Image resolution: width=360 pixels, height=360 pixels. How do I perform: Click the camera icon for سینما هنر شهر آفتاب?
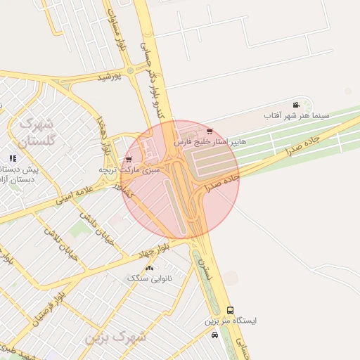tap(296, 104)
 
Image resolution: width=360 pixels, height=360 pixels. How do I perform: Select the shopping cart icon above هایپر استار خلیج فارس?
tap(210, 131)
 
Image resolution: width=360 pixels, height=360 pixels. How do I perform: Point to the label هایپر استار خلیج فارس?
tap(211, 141)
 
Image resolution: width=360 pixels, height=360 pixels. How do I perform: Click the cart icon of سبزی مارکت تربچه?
tap(128, 160)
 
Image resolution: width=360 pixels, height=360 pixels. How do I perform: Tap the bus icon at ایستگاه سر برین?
tap(230, 310)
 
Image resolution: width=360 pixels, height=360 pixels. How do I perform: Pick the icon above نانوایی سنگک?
tap(149, 269)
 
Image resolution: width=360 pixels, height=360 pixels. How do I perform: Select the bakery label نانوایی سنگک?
tap(148, 278)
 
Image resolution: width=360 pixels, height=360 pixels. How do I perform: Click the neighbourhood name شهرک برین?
tap(116, 337)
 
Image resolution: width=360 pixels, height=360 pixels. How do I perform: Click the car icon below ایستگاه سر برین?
tap(214, 335)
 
